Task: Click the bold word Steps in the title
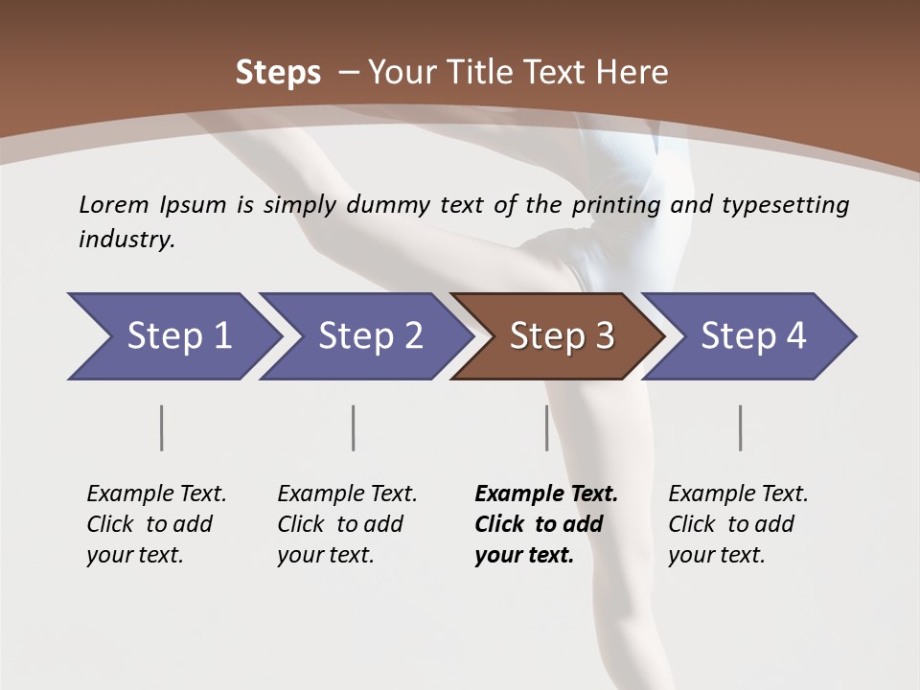[278, 73]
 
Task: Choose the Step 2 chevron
[370, 336]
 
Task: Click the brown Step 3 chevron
[562, 336]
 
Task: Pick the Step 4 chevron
[753, 336]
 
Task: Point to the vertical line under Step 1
[162, 427]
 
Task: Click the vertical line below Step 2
[354, 427]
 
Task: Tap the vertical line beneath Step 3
[546, 427]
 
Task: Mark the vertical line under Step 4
[740, 427]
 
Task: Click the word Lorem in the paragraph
[114, 204]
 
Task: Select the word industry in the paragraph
[126, 240]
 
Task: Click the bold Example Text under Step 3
[546, 494]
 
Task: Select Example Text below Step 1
[156, 494]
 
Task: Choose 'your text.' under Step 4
[717, 555]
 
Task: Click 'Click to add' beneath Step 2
[340, 524]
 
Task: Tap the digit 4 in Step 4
[795, 336]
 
